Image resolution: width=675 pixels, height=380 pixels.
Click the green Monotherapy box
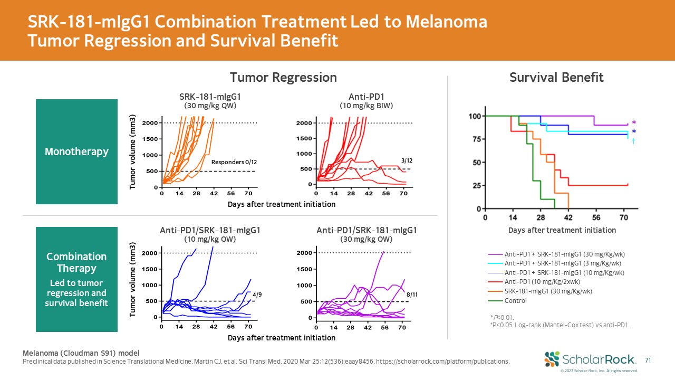[76, 151]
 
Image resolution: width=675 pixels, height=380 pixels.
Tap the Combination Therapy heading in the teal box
[76, 262]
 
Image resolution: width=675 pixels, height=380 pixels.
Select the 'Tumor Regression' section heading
[283, 78]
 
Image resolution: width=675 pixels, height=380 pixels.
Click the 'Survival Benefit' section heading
[556, 78]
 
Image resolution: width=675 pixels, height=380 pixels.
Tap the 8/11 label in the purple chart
[411, 294]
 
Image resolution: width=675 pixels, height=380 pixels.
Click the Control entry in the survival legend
[515, 301]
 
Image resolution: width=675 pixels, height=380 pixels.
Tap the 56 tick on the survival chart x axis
[596, 217]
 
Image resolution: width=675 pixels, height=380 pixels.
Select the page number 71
[648, 360]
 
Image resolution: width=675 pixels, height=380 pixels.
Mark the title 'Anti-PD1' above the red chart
[366, 97]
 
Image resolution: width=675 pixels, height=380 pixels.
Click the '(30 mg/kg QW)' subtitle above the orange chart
[209, 106]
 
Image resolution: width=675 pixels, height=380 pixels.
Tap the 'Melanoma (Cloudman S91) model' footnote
[82, 353]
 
